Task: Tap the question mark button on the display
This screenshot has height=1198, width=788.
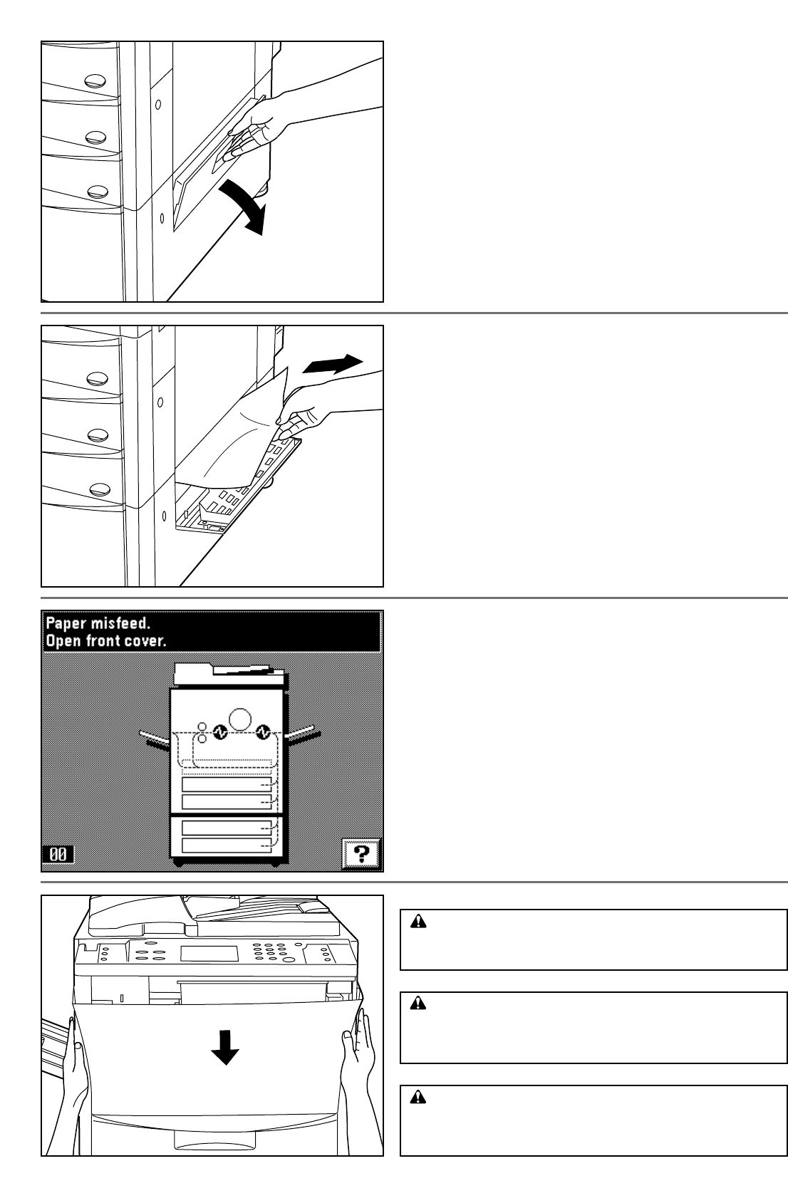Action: tap(361, 852)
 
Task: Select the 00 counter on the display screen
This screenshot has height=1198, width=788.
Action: tap(58, 854)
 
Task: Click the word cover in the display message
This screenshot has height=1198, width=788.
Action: tap(150, 640)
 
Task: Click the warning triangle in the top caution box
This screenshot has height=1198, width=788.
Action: tap(418, 922)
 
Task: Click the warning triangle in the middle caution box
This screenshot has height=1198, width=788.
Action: tap(418, 1004)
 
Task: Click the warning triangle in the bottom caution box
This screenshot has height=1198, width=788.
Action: tap(418, 1098)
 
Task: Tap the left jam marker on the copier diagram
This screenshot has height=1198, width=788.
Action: tap(219, 731)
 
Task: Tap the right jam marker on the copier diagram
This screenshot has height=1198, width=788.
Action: tap(264, 731)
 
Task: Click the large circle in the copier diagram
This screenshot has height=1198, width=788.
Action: tap(240, 717)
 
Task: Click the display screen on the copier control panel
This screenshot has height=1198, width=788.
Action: tap(209, 953)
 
